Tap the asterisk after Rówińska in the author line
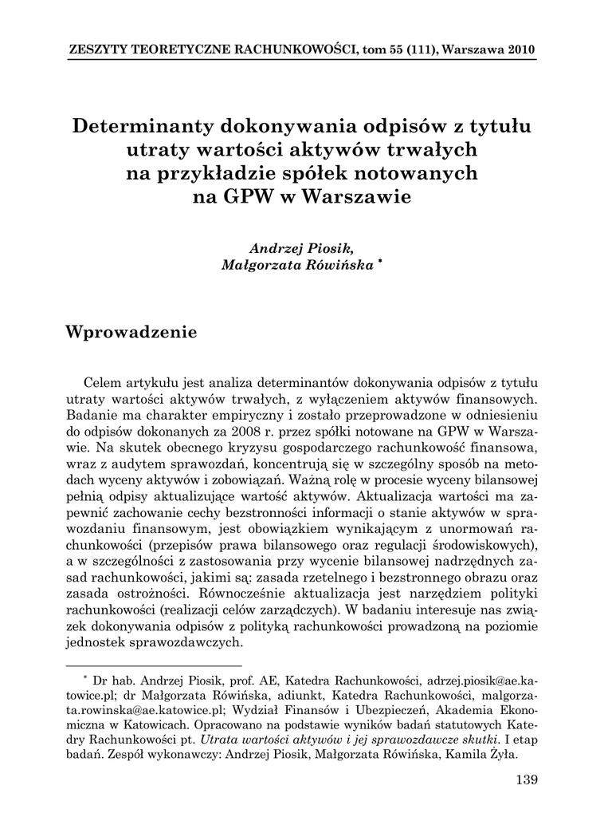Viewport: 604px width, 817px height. (381, 263)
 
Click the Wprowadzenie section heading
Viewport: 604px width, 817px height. (131, 332)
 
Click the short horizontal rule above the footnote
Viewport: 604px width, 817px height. (153, 665)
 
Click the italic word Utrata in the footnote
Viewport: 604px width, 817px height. (222, 739)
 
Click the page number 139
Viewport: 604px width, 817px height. (528, 779)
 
